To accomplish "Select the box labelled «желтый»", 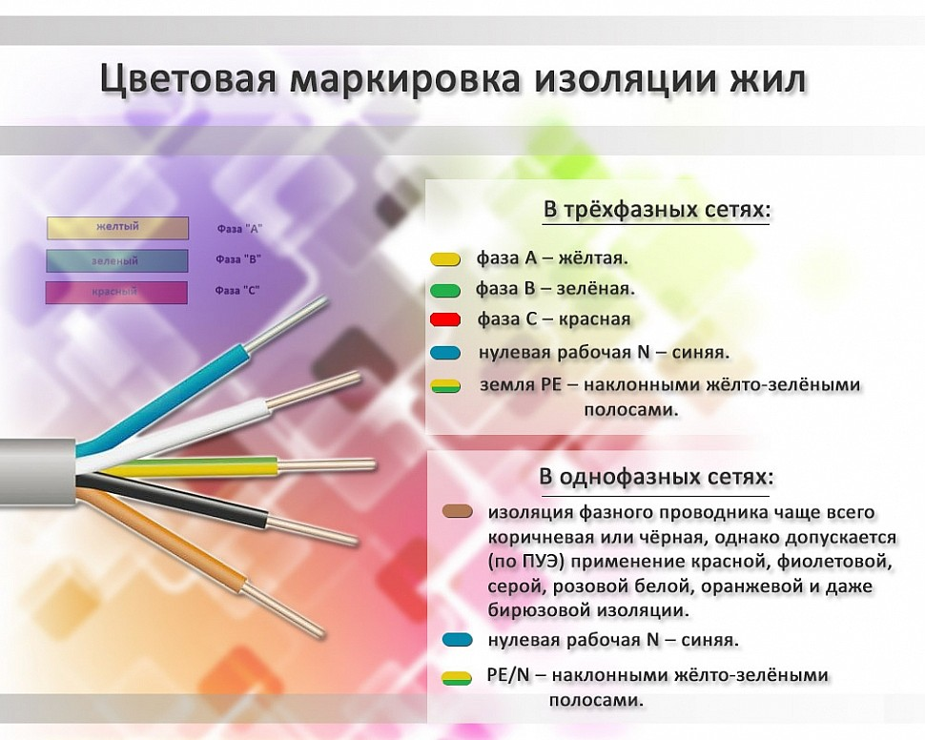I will tap(116, 228).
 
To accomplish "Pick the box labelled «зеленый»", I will tap(116, 260).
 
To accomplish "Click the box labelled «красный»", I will tap(116, 292).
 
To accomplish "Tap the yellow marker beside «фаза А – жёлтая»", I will tap(445, 259).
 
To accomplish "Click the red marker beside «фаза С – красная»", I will tap(445, 319).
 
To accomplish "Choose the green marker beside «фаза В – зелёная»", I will tap(445, 289).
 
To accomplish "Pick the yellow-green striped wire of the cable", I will tap(191, 467).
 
